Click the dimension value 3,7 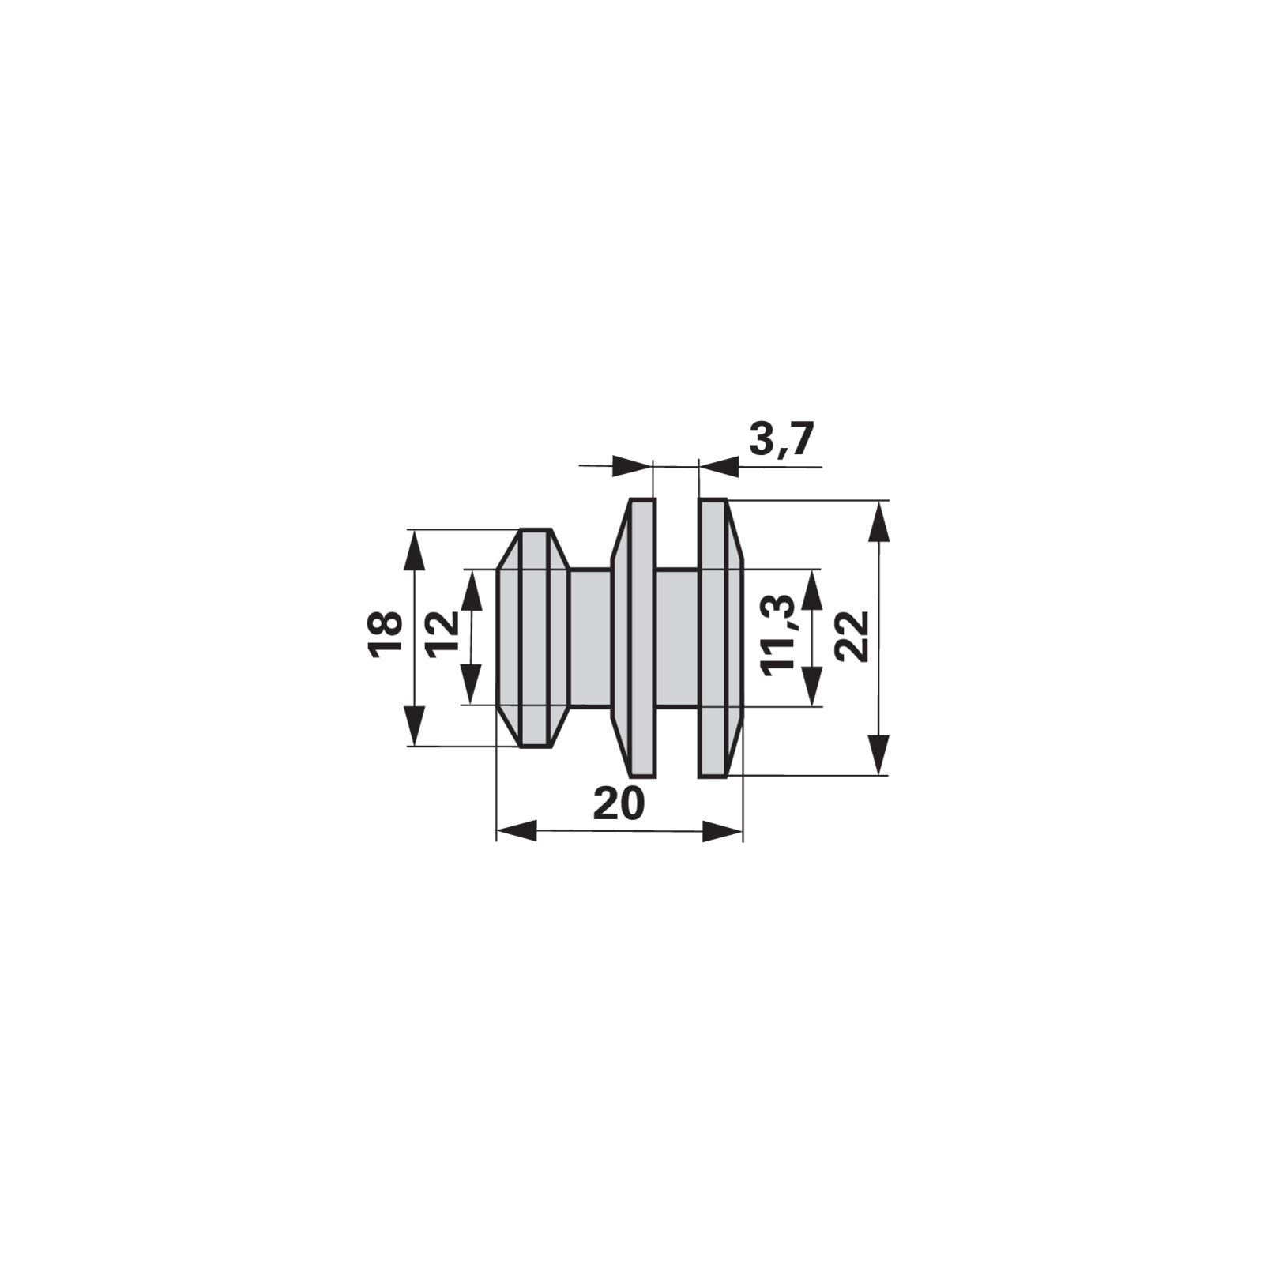pyautogui.click(x=780, y=440)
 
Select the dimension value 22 pyautogui.click(x=852, y=637)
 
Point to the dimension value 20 pyautogui.click(x=619, y=804)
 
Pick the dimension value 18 pyautogui.click(x=386, y=634)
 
